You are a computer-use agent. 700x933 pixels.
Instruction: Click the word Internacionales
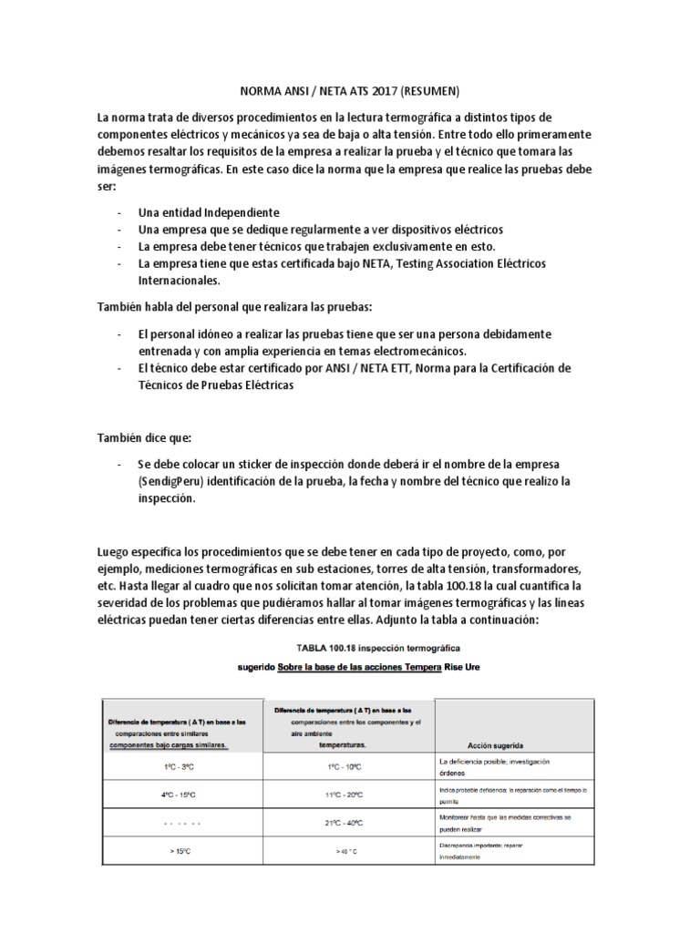click(180, 281)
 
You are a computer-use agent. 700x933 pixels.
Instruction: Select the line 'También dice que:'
click(144, 437)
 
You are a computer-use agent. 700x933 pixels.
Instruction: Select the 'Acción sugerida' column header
click(493, 744)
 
